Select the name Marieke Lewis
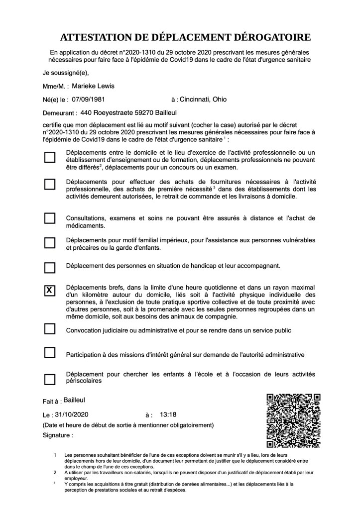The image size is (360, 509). pyautogui.click(x=93, y=86)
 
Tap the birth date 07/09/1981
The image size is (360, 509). pyautogui.click(x=88, y=100)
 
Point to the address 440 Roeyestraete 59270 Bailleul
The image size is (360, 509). pyautogui.click(x=125, y=113)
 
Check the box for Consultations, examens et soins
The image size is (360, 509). pyautogui.click(x=50, y=218)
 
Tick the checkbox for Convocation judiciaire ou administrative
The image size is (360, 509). pyautogui.click(x=50, y=329)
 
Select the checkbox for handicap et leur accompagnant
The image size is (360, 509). pyautogui.click(x=50, y=268)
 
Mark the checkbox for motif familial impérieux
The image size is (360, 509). pyautogui.click(x=50, y=243)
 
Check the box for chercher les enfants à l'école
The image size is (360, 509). pyautogui.click(x=50, y=379)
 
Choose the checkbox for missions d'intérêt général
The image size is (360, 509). pyautogui.click(x=50, y=353)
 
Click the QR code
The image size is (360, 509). pyautogui.click(x=293, y=420)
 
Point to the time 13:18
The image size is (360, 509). pyautogui.click(x=168, y=414)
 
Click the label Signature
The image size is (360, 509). pyautogui.click(x=58, y=434)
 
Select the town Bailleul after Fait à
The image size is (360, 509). pyautogui.click(x=75, y=400)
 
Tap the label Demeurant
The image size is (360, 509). pyautogui.click(x=60, y=113)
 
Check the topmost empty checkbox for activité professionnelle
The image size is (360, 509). pyautogui.click(x=50, y=158)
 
